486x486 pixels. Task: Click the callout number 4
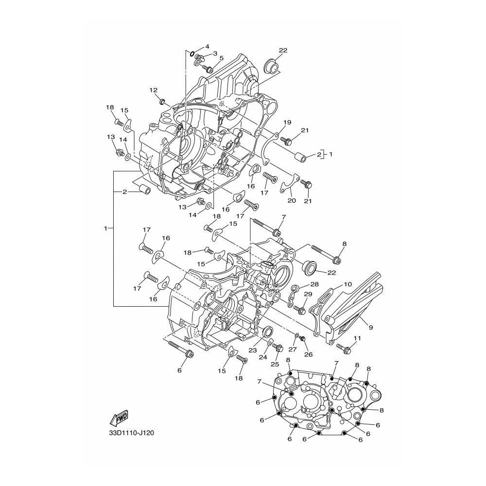[207, 47]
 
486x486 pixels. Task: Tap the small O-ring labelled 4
[192, 53]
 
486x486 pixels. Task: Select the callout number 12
[154, 90]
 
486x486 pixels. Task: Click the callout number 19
[287, 122]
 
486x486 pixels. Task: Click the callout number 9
[371, 327]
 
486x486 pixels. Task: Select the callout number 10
[348, 284]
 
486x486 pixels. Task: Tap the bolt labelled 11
[344, 348]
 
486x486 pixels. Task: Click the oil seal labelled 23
[268, 331]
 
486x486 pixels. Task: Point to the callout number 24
[263, 357]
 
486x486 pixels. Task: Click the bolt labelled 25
[278, 348]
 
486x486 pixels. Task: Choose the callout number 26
[309, 355]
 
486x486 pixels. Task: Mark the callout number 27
[293, 349]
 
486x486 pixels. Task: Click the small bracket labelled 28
[292, 296]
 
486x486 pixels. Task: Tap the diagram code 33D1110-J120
[131, 433]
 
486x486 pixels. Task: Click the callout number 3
[215, 53]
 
